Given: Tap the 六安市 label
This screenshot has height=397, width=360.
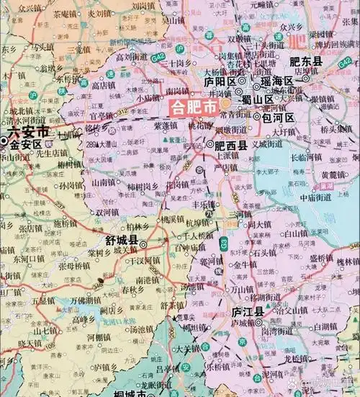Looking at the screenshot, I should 27,132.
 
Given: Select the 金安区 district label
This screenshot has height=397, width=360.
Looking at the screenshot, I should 27,144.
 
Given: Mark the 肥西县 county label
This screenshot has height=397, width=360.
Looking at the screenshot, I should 231,145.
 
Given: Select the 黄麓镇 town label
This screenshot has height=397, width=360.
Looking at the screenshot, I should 333,175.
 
